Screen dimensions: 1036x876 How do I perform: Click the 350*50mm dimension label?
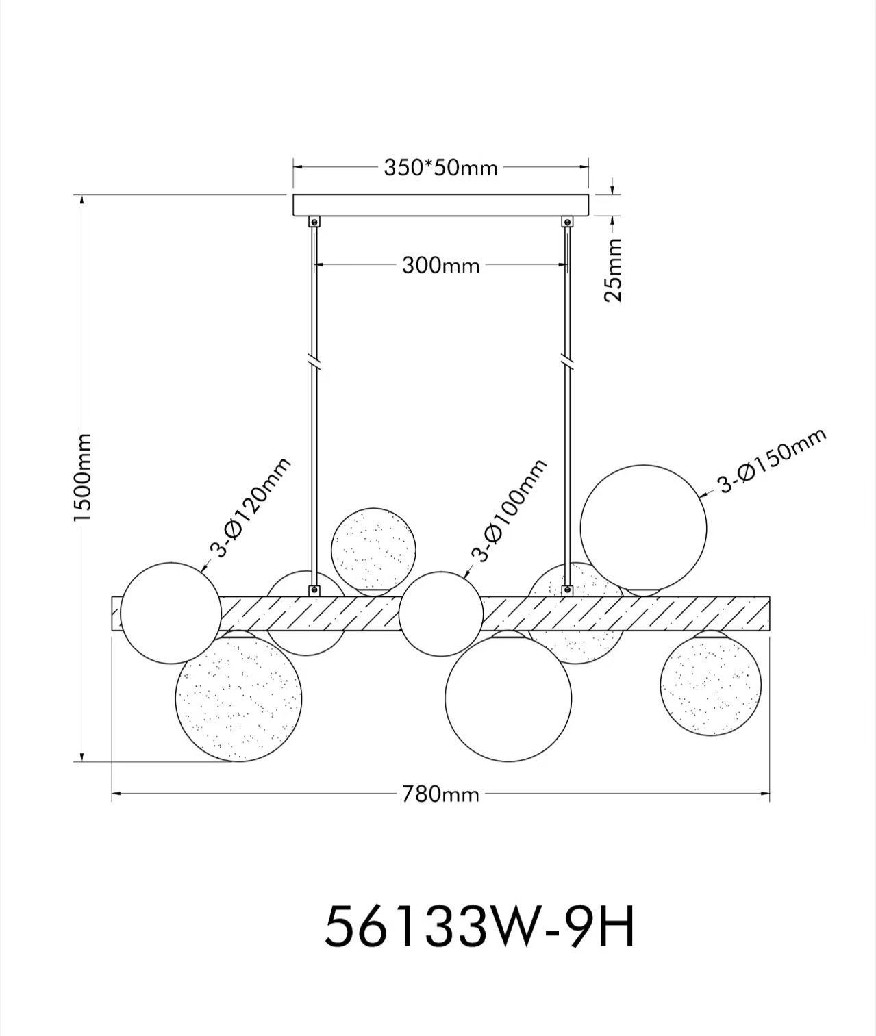(x=440, y=167)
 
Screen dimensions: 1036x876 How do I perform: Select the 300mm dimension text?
(x=440, y=265)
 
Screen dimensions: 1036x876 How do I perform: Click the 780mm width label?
(x=440, y=794)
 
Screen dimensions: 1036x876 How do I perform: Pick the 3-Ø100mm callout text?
(x=510, y=510)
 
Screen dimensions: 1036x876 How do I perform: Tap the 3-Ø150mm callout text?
(x=771, y=461)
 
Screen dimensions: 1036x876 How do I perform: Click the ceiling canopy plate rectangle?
(x=440, y=205)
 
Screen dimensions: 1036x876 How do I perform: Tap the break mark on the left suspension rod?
(x=314, y=360)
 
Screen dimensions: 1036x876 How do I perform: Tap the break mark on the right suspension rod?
(x=566, y=360)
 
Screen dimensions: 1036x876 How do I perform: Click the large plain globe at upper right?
(x=643, y=526)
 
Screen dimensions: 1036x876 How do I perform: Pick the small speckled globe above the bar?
(x=373, y=549)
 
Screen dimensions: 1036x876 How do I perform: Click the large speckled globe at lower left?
(x=238, y=697)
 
